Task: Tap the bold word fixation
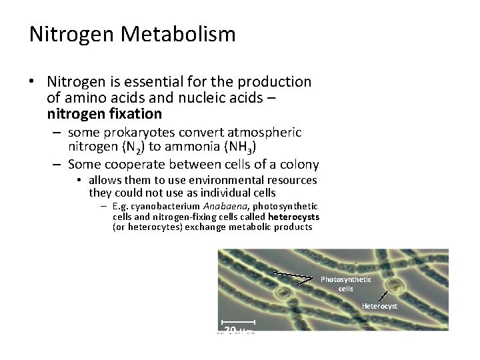tap(131, 114)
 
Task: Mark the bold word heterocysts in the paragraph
tap(293, 217)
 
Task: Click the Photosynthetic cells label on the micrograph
tap(346, 284)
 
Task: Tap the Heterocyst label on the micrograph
tap(379, 306)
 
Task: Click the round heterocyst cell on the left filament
tap(287, 293)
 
